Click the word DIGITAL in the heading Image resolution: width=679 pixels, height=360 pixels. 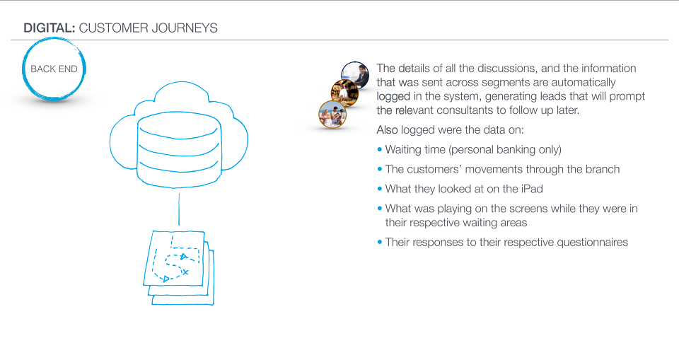point(50,28)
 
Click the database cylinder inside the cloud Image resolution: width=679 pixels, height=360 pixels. point(179,149)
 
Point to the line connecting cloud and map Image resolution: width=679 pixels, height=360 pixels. point(179,209)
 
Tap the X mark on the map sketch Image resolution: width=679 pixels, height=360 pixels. point(185,272)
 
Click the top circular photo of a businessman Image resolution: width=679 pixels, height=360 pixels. point(355,74)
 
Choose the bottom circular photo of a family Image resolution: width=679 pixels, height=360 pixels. point(332,115)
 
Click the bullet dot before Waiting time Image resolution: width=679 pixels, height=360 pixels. point(380,149)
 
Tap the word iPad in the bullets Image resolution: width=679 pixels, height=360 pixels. point(532,189)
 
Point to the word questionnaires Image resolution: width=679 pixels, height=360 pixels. point(592,242)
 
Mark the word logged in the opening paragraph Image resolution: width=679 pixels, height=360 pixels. point(393,97)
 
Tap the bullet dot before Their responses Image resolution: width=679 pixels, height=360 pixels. point(380,242)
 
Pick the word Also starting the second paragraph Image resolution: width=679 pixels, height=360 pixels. point(388,130)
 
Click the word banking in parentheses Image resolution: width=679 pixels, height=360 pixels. point(516,150)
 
